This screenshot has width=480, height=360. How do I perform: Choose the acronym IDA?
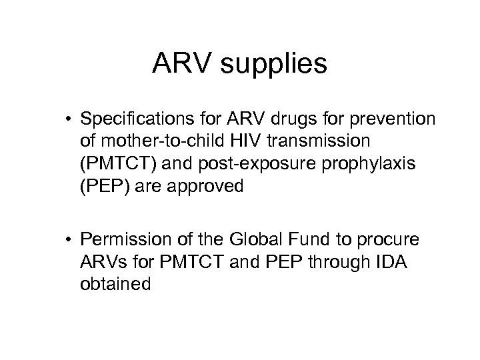click(x=381, y=263)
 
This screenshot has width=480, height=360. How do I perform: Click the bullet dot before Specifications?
click(x=88, y=121)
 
